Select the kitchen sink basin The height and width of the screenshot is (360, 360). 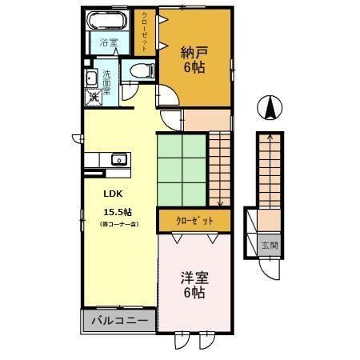click(x=117, y=158)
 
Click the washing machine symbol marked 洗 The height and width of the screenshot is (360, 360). click(x=94, y=97)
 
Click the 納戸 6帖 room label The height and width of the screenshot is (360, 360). click(x=192, y=60)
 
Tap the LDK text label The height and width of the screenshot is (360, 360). click(x=112, y=192)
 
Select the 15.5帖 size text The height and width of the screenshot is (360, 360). click(x=117, y=212)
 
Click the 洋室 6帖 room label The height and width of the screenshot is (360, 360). click(x=192, y=285)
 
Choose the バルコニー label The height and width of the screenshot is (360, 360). click(x=118, y=321)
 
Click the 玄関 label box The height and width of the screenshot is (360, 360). click(x=269, y=245)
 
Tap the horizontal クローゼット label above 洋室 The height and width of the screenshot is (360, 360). click(x=193, y=218)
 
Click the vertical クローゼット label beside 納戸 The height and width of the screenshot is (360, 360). click(x=145, y=30)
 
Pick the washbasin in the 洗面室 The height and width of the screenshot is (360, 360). click(x=90, y=78)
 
